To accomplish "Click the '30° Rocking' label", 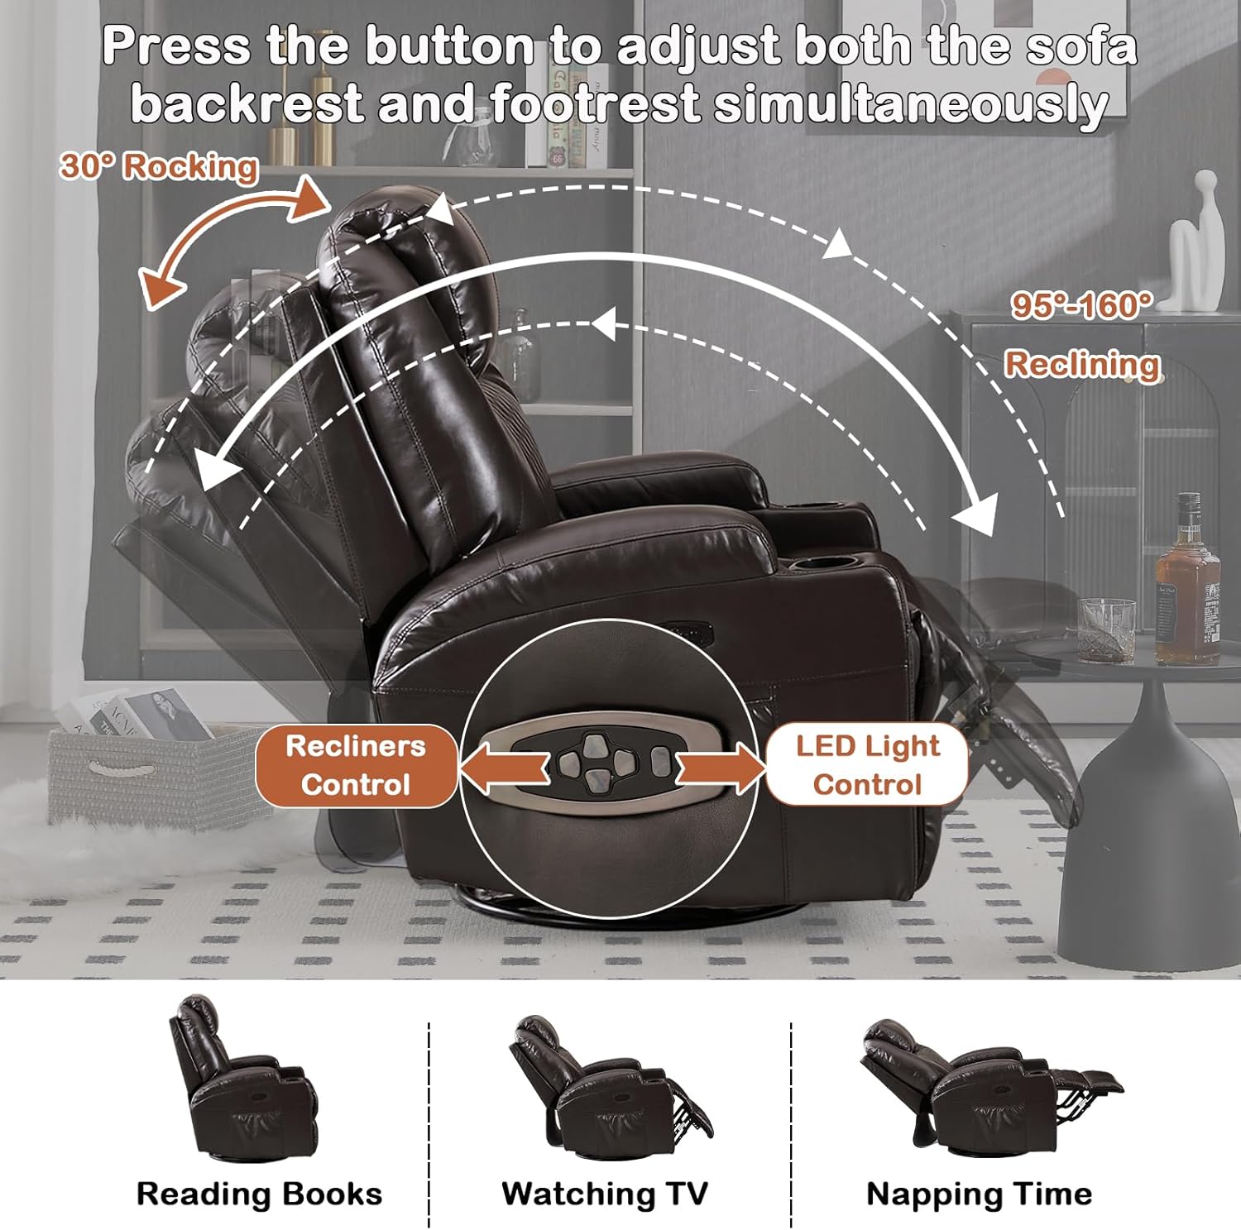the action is point(159,166).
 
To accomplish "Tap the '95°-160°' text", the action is point(1081,306).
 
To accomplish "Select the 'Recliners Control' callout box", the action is point(356,765).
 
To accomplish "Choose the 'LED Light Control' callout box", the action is point(867,765).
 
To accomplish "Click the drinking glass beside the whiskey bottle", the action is point(1107,630).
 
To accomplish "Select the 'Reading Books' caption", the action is point(259,1194).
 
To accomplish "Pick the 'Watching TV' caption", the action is point(605,1194).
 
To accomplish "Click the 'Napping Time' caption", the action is point(979,1194).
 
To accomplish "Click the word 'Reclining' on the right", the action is point(1082,364).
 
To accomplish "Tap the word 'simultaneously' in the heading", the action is point(911,105).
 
